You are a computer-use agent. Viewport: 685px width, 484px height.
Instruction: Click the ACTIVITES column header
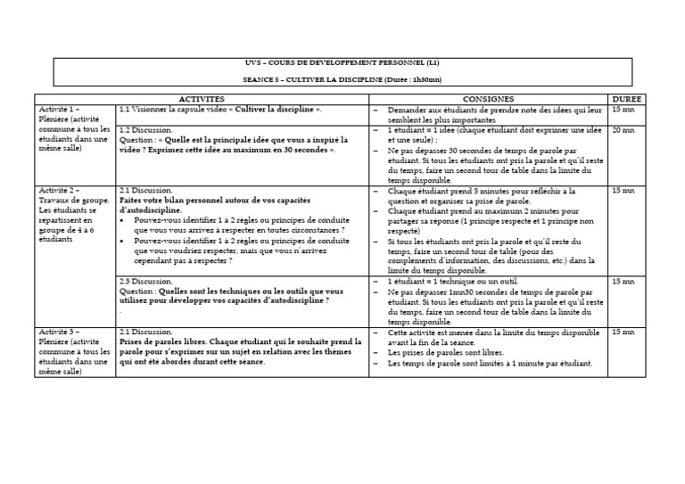pyautogui.click(x=202, y=98)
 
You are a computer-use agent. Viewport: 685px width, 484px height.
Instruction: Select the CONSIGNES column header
pyautogui.click(x=488, y=98)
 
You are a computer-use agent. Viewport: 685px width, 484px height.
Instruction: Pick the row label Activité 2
pyautogui.click(x=58, y=191)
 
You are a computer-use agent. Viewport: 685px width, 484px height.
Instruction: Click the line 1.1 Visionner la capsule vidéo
pyautogui.click(x=219, y=109)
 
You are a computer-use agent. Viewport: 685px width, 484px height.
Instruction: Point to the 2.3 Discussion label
pyautogui.click(x=145, y=281)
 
